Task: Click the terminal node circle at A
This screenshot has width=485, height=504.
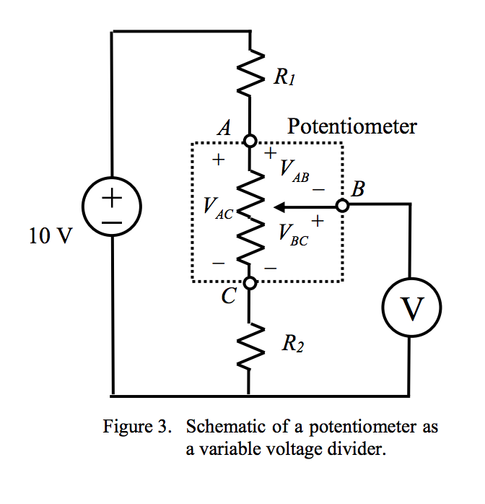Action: [249, 142]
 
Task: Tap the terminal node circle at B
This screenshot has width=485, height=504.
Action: [342, 206]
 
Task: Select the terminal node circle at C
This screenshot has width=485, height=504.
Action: [249, 283]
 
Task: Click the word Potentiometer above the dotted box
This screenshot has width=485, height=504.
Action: [351, 126]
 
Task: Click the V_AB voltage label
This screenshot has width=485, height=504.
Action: [293, 171]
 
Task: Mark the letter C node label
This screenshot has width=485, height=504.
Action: [227, 297]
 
